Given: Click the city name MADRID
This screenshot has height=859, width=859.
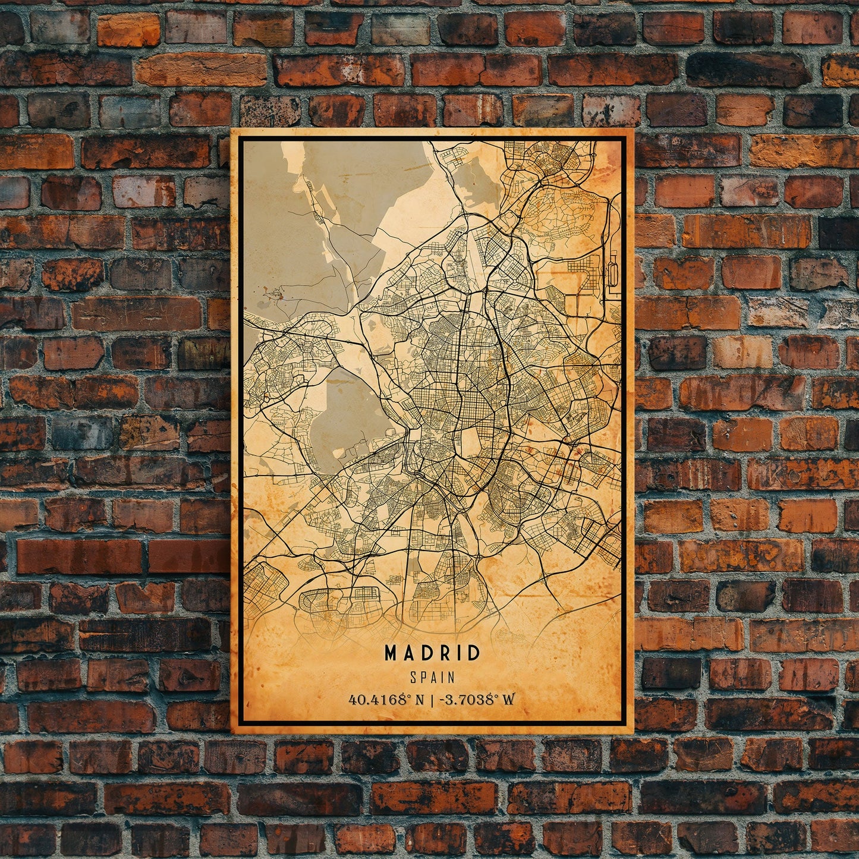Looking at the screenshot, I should point(432,653).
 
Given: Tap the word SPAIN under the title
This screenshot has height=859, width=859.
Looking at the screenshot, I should point(432,677).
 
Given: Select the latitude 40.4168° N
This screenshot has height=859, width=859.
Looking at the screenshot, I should point(387,699).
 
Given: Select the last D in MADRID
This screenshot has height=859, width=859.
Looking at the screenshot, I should point(474,653).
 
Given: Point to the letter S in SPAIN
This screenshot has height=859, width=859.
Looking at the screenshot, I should point(413,677).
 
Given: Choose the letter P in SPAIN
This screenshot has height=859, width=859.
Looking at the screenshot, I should point(422,677).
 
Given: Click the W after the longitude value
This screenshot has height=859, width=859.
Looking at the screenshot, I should point(508,699).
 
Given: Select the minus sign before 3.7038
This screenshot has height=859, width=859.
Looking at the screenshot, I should point(441,700).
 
